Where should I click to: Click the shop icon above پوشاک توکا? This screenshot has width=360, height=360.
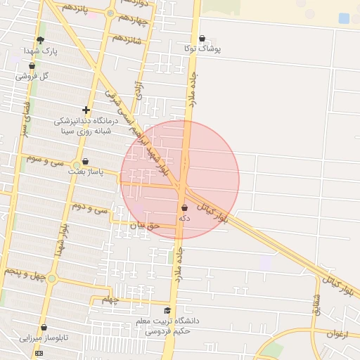(x=202, y=39)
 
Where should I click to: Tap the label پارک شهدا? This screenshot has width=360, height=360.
(x=39, y=51)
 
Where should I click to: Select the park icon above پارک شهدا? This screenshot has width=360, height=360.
(x=40, y=40)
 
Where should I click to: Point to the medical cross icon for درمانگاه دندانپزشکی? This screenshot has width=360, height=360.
(x=86, y=110)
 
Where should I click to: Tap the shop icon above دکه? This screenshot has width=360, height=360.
(x=184, y=208)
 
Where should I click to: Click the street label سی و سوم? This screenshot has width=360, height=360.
(x=45, y=160)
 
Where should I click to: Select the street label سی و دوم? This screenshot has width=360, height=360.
(x=90, y=208)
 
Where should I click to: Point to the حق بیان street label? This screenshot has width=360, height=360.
(x=146, y=226)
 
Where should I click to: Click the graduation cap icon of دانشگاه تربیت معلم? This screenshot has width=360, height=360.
(x=167, y=311)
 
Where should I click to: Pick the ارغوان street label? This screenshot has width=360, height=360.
(x=341, y=333)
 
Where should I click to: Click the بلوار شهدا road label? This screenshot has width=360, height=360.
(x=63, y=240)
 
